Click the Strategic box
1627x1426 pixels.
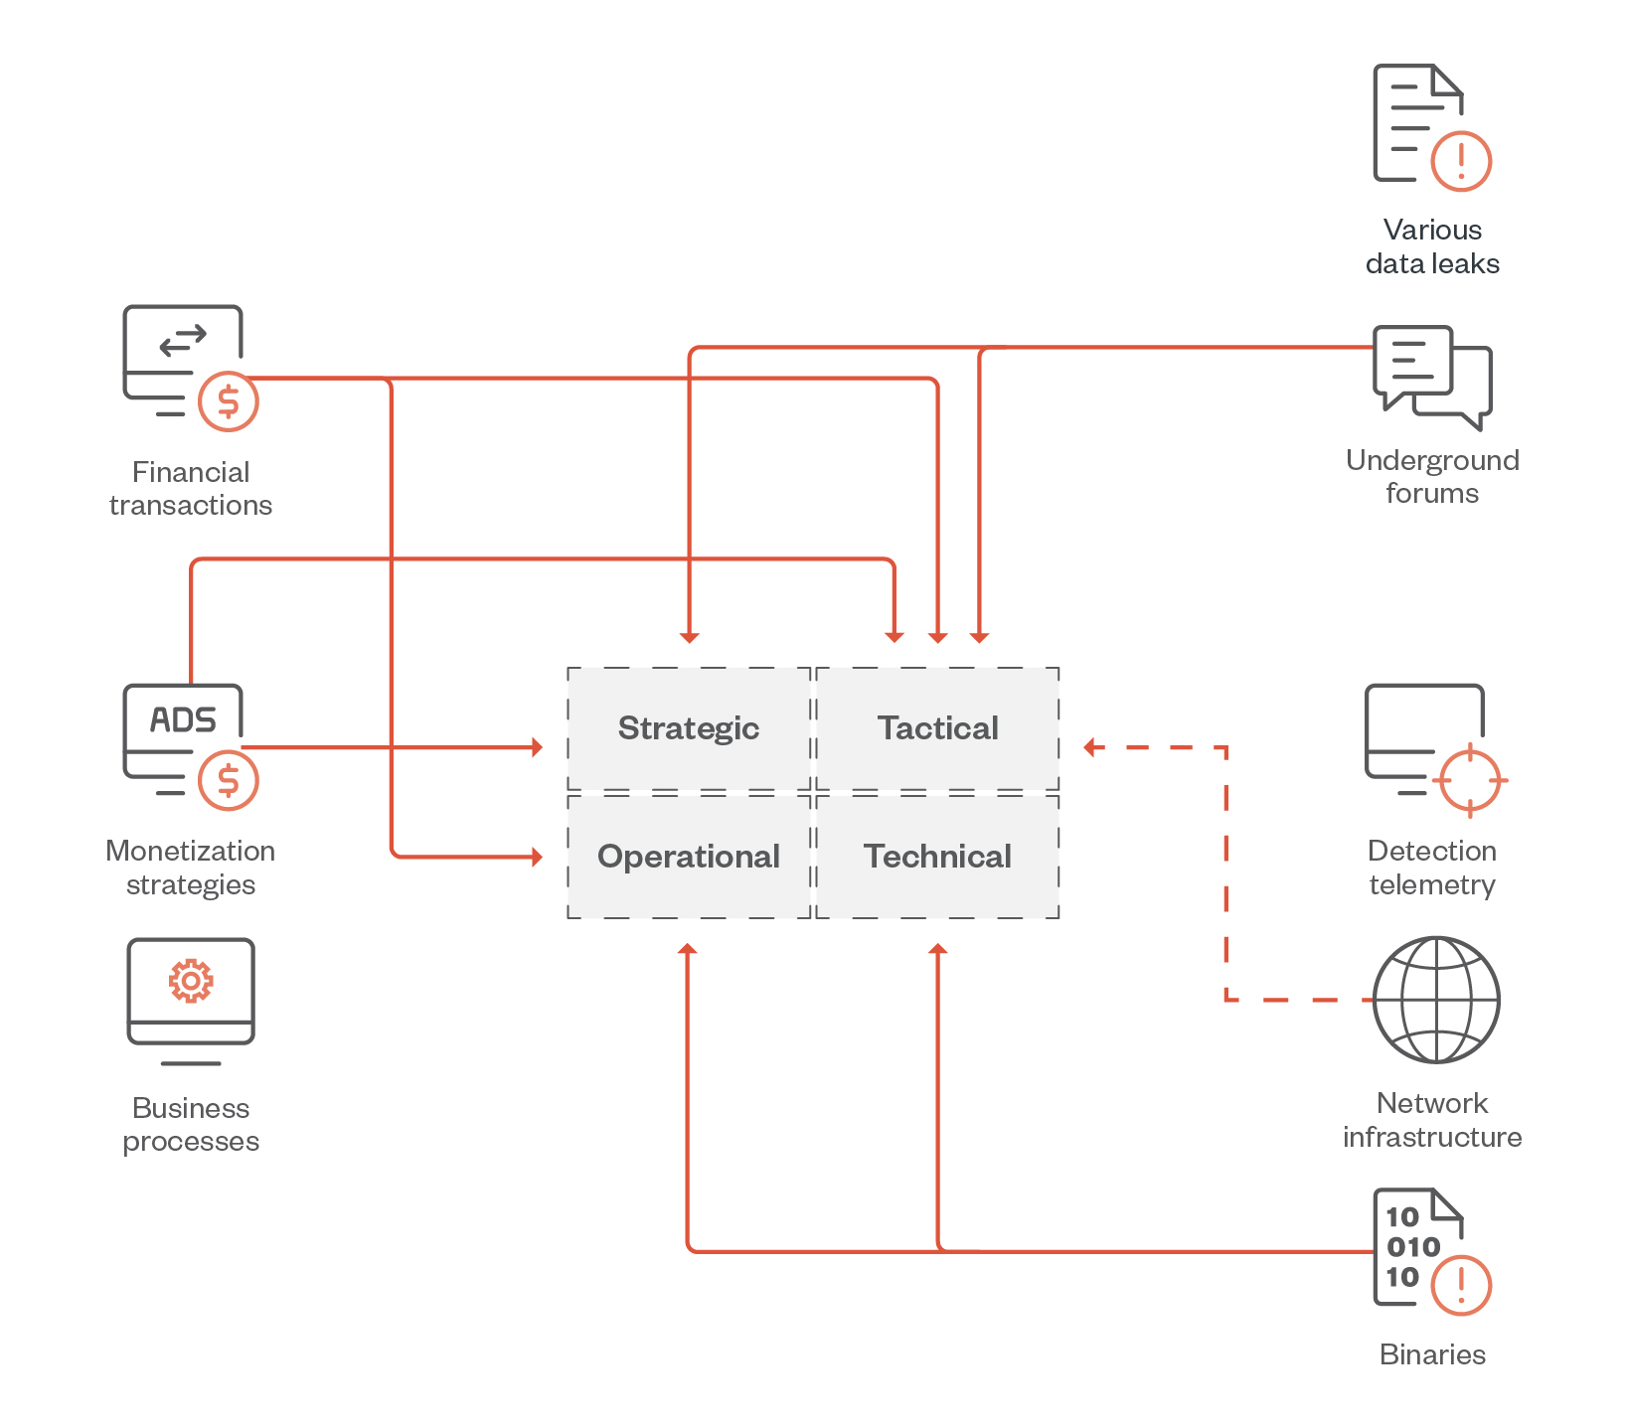(x=689, y=728)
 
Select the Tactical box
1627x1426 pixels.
(x=937, y=728)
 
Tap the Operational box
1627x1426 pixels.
(x=689, y=857)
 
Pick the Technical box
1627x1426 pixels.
(x=937, y=857)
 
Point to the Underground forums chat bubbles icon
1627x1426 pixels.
(x=1431, y=377)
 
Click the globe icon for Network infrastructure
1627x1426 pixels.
(x=1436, y=1000)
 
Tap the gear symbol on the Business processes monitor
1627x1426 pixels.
(x=191, y=981)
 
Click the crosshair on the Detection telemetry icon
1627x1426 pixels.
(x=1470, y=781)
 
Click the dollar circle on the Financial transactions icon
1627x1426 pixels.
(x=229, y=401)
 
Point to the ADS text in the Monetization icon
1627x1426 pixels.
(x=183, y=719)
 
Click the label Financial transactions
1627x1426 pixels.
(x=191, y=489)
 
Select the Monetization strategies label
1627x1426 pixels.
(x=191, y=868)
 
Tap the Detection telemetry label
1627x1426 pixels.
(x=1432, y=868)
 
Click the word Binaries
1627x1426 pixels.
(x=1432, y=1354)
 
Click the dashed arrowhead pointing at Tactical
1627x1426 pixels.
(x=1090, y=747)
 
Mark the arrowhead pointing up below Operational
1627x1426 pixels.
(x=687, y=949)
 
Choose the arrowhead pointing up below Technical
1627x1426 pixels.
(x=937, y=949)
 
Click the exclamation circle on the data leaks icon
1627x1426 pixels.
(x=1461, y=160)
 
